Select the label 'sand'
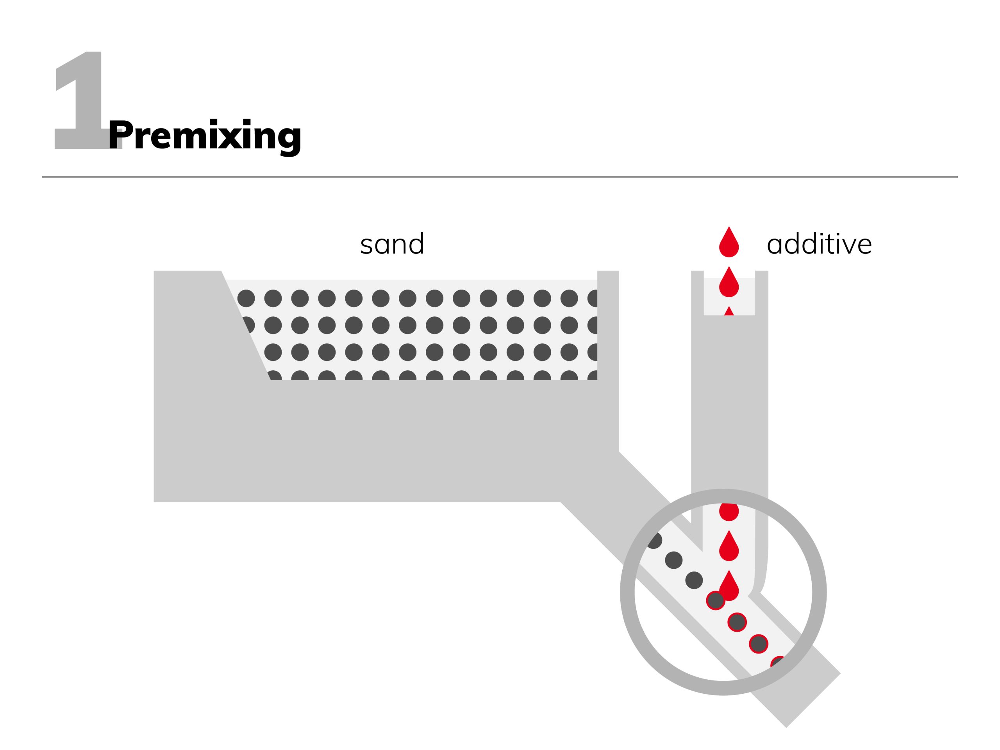tap(392, 244)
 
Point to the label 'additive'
tap(819, 244)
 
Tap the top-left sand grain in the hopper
tap(246, 298)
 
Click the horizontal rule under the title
tap(500, 177)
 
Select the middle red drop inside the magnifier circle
tap(729, 546)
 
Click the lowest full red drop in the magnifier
tap(729, 586)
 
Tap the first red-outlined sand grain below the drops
tap(716, 600)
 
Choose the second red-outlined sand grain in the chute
tap(737, 622)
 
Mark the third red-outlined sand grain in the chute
tap(759, 644)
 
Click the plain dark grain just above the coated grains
tap(694, 580)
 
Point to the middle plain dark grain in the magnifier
tap(673, 560)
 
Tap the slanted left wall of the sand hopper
tap(246, 325)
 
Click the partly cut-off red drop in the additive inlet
tap(729, 311)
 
